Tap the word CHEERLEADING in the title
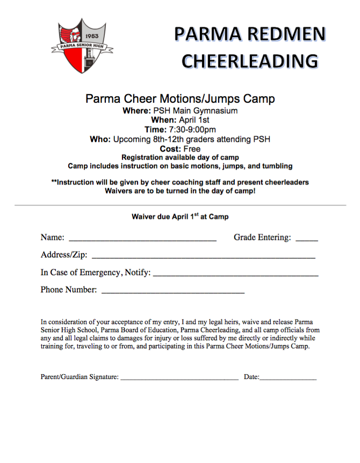click(249, 60)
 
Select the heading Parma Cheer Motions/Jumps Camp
click(180, 99)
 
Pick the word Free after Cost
click(191, 148)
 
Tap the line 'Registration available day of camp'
click(180, 158)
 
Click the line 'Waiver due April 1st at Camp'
click(180, 217)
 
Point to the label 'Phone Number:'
click(69, 290)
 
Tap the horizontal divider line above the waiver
click(180, 205)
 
